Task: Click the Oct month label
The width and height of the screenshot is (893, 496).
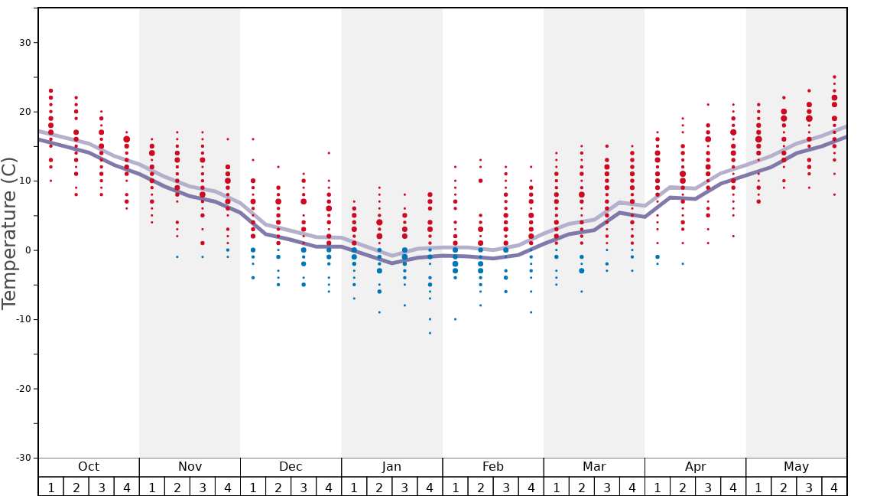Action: pyautogui.click(x=89, y=467)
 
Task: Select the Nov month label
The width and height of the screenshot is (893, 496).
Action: pyautogui.click(x=190, y=467)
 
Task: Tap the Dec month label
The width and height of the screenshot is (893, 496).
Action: pyautogui.click(x=291, y=467)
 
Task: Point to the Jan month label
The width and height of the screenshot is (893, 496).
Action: pyautogui.click(x=391, y=467)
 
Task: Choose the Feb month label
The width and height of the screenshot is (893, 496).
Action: pyautogui.click(x=493, y=467)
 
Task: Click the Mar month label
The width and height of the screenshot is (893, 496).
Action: pyautogui.click(x=594, y=467)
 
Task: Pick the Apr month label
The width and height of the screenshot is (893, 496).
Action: pyautogui.click(x=695, y=467)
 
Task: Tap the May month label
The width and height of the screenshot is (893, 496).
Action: pyautogui.click(x=796, y=467)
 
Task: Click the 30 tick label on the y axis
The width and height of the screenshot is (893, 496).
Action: pyautogui.click(x=24, y=43)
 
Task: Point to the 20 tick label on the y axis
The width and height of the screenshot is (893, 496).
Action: pyautogui.click(x=24, y=112)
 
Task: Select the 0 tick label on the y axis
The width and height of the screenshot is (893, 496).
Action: pyautogui.click(x=27, y=250)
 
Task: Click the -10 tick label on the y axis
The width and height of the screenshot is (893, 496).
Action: pyautogui.click(x=21, y=319)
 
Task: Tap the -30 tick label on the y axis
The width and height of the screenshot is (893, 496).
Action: pyautogui.click(x=21, y=458)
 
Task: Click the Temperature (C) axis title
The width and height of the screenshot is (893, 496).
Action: pyautogui.click(x=9, y=233)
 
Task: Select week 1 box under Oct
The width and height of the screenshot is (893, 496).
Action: pyautogui.click(x=51, y=487)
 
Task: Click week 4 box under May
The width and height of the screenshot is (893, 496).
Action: pyautogui.click(x=834, y=487)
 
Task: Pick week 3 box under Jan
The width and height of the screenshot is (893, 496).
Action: pyautogui.click(x=404, y=487)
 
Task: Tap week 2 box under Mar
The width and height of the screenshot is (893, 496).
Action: pyautogui.click(x=581, y=487)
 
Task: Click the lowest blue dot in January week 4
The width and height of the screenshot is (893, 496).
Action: pyautogui.click(x=430, y=333)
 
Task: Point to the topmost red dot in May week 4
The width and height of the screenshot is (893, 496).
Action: pyautogui.click(x=834, y=77)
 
